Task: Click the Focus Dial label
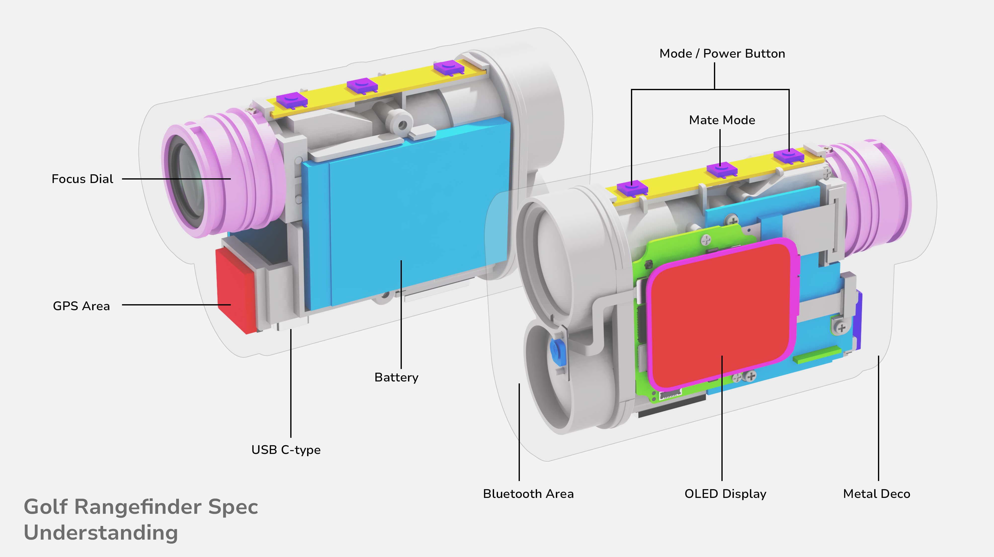point(82,179)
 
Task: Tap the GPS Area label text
point(82,306)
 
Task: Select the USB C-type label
point(286,450)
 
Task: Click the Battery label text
point(396,377)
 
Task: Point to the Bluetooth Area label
point(528,494)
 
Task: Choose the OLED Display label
point(725,494)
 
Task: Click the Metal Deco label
point(876,494)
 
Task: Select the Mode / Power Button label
point(722,54)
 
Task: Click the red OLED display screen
point(722,312)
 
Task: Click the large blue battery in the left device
point(405,216)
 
